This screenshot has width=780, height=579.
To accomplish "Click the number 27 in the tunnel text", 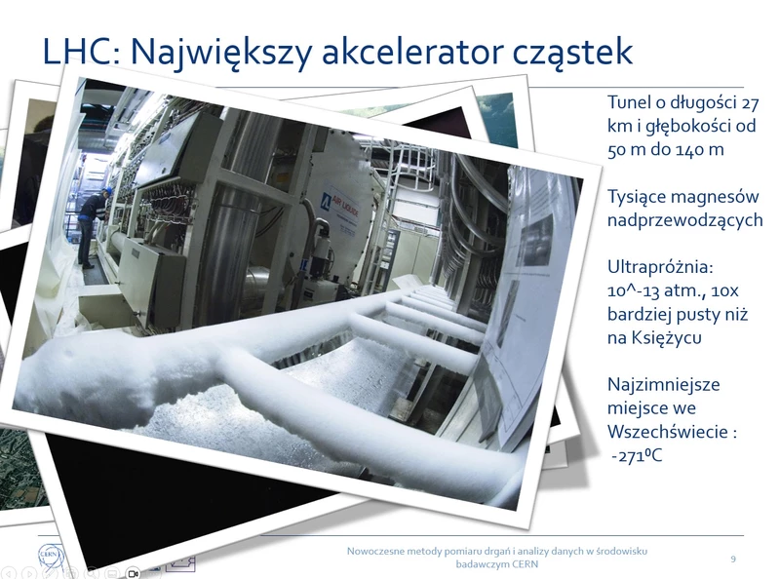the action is [750, 102].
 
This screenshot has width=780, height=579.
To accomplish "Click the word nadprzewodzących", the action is [685, 220].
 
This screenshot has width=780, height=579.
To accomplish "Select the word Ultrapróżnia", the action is [660, 267].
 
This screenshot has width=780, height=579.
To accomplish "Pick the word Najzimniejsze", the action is [664, 384].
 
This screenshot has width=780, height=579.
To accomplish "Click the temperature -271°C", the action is [638, 455].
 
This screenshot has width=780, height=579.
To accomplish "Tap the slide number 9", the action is [733, 560].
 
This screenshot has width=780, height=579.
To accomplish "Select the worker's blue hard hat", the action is [108, 191].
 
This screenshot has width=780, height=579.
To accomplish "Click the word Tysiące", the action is [642, 197].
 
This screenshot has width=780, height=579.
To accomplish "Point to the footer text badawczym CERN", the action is [497, 564].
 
